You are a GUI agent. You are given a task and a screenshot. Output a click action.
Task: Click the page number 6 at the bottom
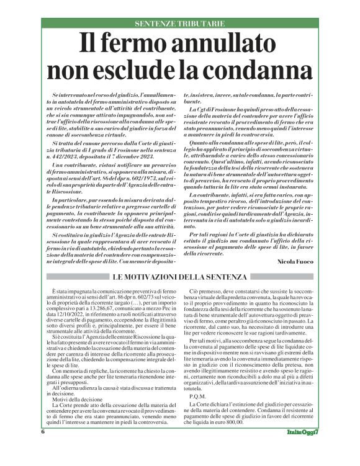[x=43, y=449]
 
